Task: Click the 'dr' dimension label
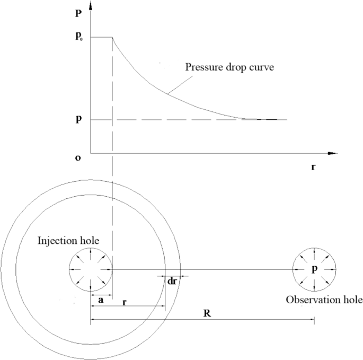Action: (x=172, y=282)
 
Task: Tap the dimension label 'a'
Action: (x=101, y=300)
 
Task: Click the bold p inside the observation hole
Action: (x=315, y=269)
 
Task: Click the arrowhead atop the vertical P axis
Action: (x=91, y=6)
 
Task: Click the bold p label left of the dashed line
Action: (x=78, y=119)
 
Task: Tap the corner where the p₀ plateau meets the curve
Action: (x=112, y=37)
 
